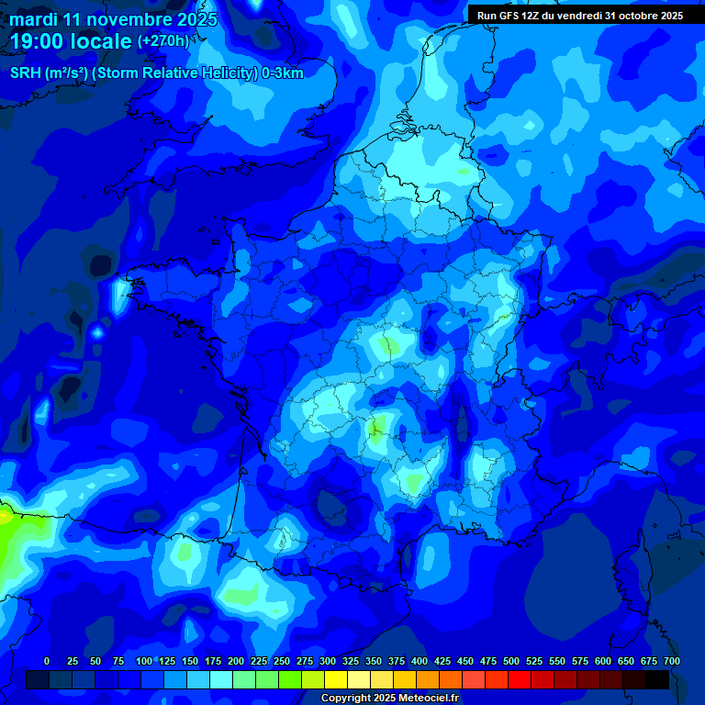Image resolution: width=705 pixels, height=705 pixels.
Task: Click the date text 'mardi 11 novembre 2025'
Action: (x=113, y=19)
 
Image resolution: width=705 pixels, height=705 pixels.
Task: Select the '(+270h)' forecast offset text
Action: (x=163, y=41)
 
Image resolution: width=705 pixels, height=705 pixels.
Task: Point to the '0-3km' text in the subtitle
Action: (x=284, y=73)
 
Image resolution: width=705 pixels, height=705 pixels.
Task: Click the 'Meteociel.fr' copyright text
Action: (x=421, y=699)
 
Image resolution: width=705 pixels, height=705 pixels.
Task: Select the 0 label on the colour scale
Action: (x=47, y=661)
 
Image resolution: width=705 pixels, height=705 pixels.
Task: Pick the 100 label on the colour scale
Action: (x=144, y=661)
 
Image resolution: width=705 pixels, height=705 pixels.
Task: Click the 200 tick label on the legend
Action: (x=236, y=661)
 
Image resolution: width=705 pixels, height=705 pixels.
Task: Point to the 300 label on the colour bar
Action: (x=328, y=661)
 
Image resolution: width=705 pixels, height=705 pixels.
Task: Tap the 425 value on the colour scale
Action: (x=442, y=661)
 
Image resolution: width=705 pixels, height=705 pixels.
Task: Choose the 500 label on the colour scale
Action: (x=511, y=661)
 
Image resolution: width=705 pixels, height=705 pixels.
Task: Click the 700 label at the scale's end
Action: (x=672, y=661)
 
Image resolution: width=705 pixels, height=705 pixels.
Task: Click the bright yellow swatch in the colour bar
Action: (x=336, y=679)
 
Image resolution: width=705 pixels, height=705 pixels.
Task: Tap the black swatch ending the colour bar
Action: (x=657, y=679)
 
